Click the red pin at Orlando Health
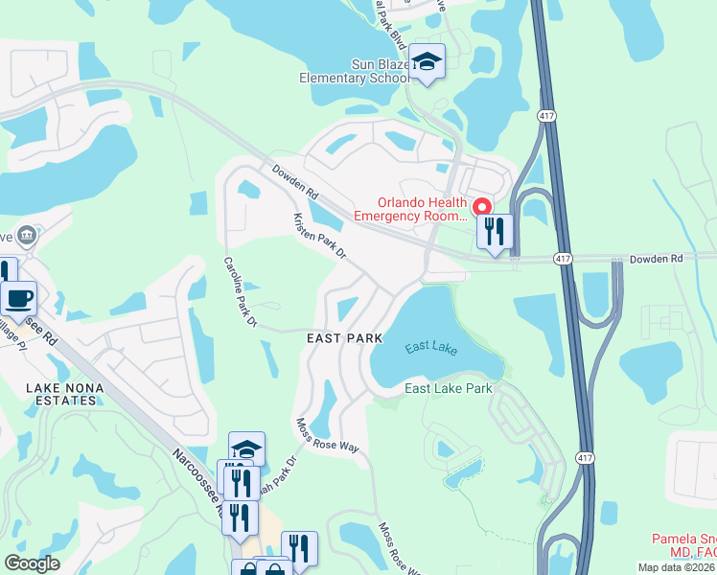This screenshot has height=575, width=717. tap(482, 205)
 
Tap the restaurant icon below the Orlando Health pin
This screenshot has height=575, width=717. tap(496, 232)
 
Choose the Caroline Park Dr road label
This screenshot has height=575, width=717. tap(241, 293)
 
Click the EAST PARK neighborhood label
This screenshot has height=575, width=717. tap(344, 338)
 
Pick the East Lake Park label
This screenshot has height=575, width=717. tap(448, 388)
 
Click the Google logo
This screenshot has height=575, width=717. tap(32, 563)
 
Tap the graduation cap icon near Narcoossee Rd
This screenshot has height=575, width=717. tap(246, 448)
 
